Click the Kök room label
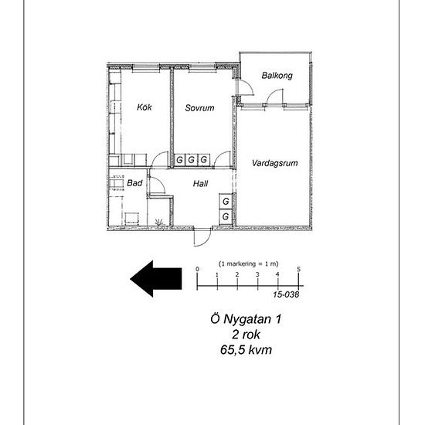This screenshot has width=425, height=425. [144, 107]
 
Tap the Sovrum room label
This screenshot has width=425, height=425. [200, 108]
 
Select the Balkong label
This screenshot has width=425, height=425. [277, 76]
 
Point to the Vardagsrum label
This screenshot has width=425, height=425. [275, 163]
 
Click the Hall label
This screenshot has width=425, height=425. [201, 184]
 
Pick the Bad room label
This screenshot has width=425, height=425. [134, 183]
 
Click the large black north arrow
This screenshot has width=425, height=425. [156, 279]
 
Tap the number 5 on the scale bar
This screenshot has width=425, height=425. [299, 269]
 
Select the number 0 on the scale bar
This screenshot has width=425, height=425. [197, 269]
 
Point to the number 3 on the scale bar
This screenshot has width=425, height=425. [257, 274]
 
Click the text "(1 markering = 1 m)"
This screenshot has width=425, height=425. [249, 263]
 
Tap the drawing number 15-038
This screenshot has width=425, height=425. [286, 294]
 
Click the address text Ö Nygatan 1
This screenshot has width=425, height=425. [246, 318]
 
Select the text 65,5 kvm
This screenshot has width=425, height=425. [246, 349]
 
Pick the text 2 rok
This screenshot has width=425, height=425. [246, 335]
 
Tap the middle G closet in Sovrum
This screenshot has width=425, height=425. [192, 160]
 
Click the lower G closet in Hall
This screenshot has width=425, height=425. [226, 216]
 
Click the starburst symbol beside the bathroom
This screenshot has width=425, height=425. [159, 222]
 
